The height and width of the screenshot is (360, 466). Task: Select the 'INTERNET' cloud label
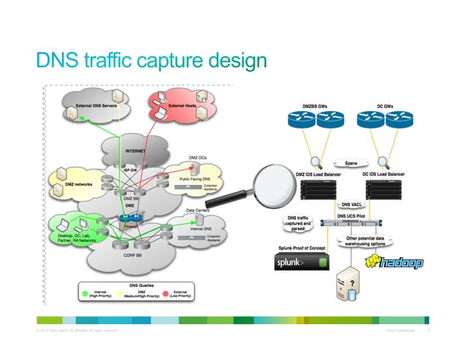(135, 151)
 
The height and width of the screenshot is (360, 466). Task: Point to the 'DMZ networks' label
(77, 185)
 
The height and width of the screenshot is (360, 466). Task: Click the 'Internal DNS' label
(201, 228)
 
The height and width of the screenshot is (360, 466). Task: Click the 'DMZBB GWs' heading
(319, 105)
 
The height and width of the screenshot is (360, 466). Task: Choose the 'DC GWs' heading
(387, 105)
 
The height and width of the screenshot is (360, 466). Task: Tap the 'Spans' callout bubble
(349, 163)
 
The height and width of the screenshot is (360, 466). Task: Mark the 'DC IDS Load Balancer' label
(383, 175)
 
